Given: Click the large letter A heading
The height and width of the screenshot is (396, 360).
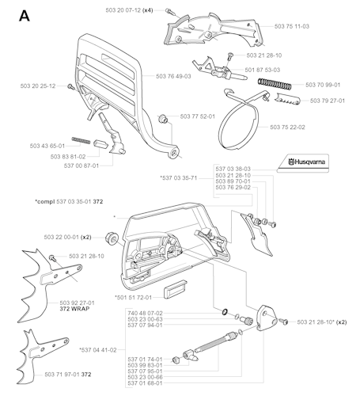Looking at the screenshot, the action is pos(25,16).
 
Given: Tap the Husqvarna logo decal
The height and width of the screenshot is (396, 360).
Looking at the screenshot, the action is pos(303,163).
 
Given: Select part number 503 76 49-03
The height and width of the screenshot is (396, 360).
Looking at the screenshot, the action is pos(173,76).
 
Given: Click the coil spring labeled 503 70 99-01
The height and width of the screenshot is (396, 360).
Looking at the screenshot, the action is pos(275,84).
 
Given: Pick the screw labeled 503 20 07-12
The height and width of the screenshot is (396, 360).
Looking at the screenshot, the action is pos(169,11).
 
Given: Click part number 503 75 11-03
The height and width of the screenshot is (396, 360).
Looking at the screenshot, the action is pos(292,26).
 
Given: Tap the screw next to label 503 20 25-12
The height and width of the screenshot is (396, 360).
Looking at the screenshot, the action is pos(70,86).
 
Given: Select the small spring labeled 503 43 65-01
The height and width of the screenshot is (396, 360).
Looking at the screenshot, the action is pos(81,140).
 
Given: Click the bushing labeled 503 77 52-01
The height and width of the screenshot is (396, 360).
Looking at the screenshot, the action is pos(163,119).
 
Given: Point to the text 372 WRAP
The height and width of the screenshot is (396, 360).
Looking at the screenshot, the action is pos(74,309).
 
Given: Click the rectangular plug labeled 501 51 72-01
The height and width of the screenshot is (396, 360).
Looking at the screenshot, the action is pos(175,289).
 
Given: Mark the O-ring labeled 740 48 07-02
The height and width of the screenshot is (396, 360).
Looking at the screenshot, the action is pos(225,312).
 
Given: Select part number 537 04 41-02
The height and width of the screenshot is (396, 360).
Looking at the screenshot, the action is pos(99,350).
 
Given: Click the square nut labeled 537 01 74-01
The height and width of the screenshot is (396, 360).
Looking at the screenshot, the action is pos(176,360).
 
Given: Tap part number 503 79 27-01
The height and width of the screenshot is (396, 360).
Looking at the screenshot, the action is pos(328,101).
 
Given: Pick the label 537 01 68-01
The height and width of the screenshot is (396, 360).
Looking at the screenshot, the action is pos(145,383).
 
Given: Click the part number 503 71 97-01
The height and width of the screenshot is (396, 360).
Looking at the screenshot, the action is pos(62,375).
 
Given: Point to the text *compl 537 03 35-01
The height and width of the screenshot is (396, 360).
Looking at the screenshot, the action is pos(63,201).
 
